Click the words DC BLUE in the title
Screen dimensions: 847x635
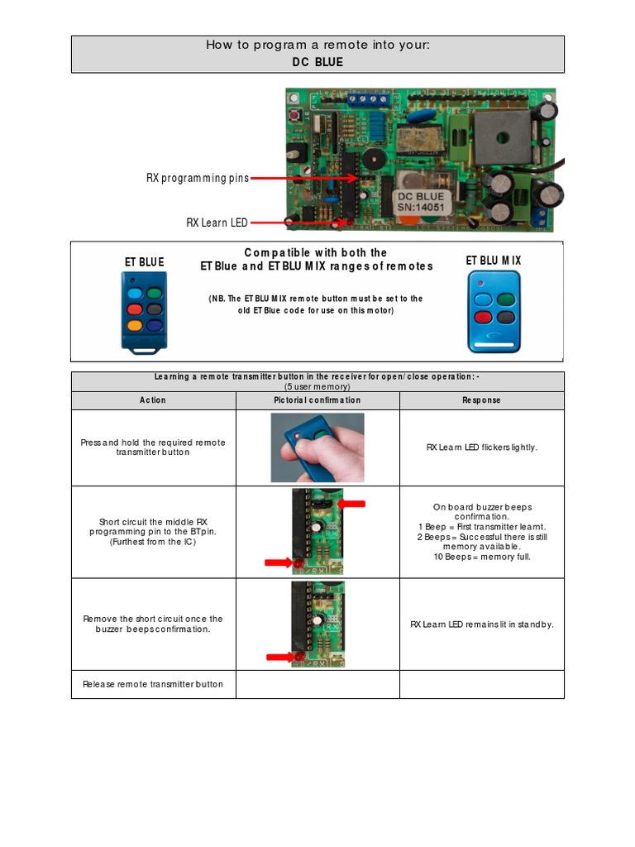317,62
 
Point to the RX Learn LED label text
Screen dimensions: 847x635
217,222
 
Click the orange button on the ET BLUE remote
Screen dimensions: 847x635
135,325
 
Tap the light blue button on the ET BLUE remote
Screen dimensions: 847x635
135,293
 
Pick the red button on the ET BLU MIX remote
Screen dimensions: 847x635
483,316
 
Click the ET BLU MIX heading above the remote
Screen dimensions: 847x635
494,261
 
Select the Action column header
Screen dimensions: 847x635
153,400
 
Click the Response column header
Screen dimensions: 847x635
481,400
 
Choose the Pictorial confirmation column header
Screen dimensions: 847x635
317,400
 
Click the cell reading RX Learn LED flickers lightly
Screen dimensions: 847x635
481,447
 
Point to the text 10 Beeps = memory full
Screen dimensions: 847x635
481,557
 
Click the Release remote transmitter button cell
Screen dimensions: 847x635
153,684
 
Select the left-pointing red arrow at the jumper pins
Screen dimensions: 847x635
351,503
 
